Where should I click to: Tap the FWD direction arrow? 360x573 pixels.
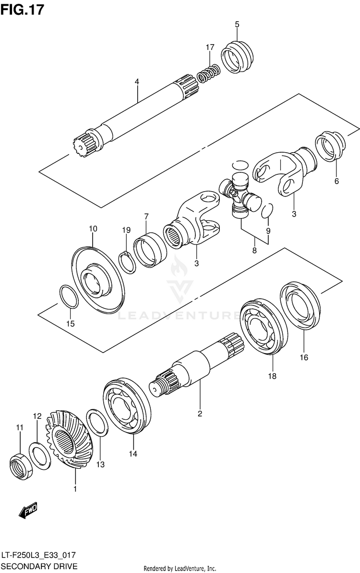28,512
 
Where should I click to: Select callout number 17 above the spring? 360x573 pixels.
210,47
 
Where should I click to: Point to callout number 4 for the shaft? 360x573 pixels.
137,82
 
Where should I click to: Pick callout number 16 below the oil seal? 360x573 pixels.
304,357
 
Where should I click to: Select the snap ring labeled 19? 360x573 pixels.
128,262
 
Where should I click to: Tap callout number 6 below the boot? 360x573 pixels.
336,181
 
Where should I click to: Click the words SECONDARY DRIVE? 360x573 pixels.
39,566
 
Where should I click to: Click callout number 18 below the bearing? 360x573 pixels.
272,377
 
